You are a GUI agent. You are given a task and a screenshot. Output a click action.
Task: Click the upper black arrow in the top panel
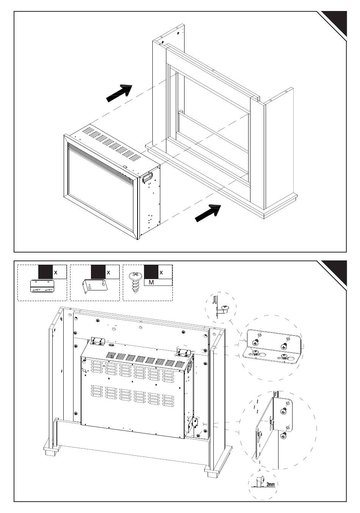[119, 93]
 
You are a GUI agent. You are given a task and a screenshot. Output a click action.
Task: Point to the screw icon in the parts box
[134, 283]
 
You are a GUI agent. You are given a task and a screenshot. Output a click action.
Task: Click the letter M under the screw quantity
[151, 282]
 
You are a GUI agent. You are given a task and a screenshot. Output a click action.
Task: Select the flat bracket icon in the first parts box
[42, 286]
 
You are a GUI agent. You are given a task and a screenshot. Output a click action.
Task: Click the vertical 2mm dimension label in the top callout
[214, 300]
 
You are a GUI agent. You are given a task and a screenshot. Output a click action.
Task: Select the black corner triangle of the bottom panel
[335, 272]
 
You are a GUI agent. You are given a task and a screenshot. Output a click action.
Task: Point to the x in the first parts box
[56, 273]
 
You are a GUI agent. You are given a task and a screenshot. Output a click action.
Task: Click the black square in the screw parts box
[151, 272]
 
